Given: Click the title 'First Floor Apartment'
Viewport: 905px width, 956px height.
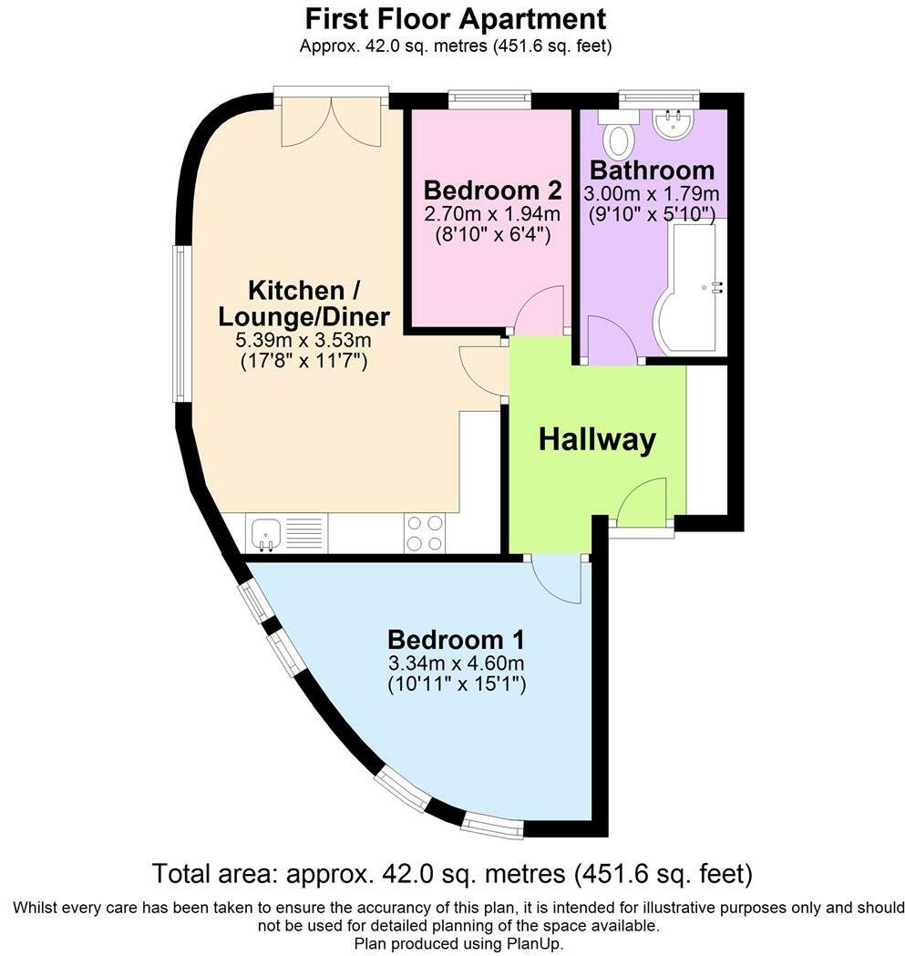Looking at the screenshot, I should click(x=455, y=18).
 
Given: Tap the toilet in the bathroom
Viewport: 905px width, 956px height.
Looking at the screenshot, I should click(x=621, y=135).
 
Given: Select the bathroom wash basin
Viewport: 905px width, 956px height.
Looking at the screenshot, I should click(x=675, y=124).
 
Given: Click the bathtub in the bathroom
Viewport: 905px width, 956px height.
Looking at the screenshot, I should click(x=690, y=287).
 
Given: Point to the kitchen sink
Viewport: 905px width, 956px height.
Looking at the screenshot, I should click(x=267, y=532).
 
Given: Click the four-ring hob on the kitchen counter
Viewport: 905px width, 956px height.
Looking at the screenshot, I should click(x=425, y=533).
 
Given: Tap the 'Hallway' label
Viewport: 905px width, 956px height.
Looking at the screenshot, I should click(x=597, y=439).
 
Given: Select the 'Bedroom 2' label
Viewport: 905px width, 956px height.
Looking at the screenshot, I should click(x=491, y=190).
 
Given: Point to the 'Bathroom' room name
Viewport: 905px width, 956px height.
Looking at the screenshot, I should click(x=652, y=170).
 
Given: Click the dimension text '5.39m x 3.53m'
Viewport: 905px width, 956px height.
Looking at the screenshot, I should click(x=303, y=341).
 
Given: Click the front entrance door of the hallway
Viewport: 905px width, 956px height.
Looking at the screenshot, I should click(x=645, y=502).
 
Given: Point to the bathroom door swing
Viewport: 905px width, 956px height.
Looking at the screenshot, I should click(x=611, y=340).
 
